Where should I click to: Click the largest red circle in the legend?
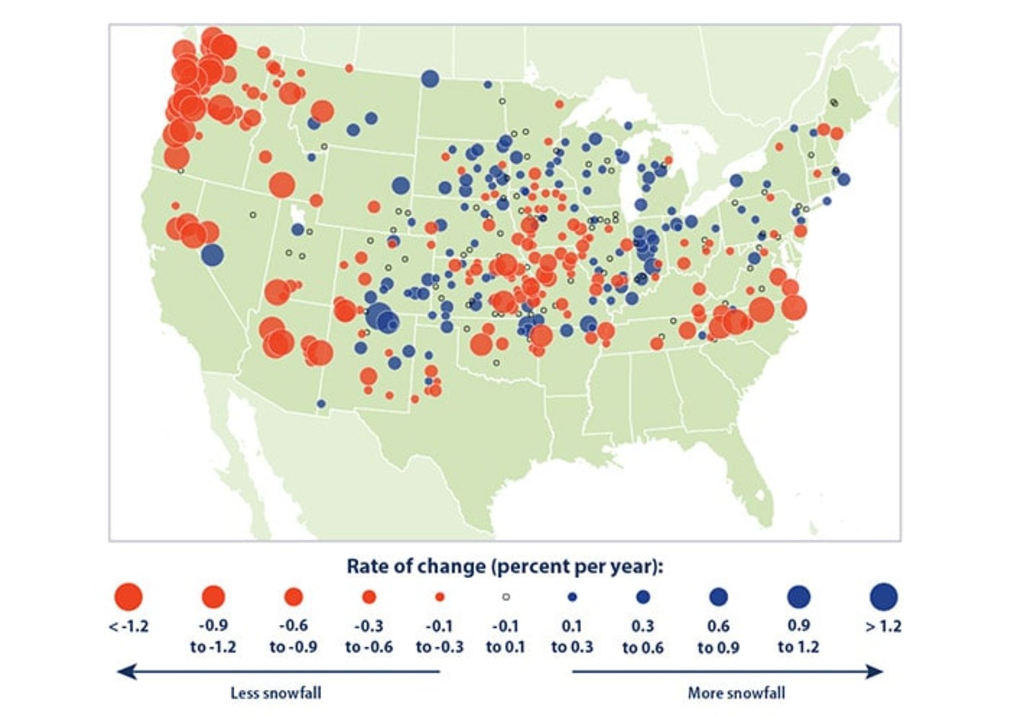pyautogui.click(x=128, y=597)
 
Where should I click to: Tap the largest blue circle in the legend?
pyautogui.click(x=884, y=597)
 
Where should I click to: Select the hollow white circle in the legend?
pyautogui.click(x=506, y=597)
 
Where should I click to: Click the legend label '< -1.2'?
pyautogui.click(x=128, y=627)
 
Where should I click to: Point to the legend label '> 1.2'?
pyautogui.click(x=884, y=627)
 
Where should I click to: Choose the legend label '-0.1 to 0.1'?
pyautogui.click(x=506, y=636)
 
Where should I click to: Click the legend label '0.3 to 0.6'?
pyautogui.click(x=643, y=636)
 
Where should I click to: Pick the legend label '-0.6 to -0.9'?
pyautogui.click(x=293, y=636)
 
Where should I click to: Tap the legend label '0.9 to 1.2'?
pyautogui.click(x=798, y=636)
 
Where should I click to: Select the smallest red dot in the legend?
pyautogui.click(x=440, y=597)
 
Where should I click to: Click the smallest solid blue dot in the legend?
pyautogui.click(x=572, y=597)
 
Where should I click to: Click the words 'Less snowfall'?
pyautogui.click(x=275, y=693)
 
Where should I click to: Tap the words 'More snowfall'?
pyautogui.click(x=736, y=693)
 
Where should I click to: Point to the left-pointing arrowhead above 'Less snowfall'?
pyautogui.click(x=126, y=671)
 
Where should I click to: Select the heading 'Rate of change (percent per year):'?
pyautogui.click(x=505, y=566)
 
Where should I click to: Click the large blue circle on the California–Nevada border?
pyautogui.click(x=212, y=255)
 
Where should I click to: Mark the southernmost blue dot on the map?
pyautogui.click(x=321, y=404)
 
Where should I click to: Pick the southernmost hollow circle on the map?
pyautogui.click(x=496, y=363)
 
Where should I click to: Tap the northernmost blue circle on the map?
pyautogui.click(x=430, y=79)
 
